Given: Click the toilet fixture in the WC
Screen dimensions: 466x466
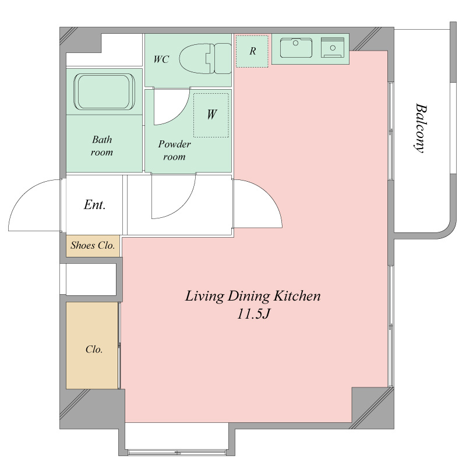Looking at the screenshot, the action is coord(206,59).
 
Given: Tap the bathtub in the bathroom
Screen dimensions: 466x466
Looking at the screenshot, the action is coord(104,91).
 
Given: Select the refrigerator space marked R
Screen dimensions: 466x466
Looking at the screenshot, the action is coord(252,51).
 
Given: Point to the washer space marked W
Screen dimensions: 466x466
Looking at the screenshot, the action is coord(211,115).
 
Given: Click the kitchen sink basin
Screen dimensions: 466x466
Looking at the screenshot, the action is coord(296,48).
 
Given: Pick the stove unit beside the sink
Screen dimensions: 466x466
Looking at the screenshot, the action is coord(333,47).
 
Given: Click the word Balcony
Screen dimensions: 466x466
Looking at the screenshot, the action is coord(421,128).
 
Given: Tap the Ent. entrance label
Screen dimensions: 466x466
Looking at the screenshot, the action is coord(95,205).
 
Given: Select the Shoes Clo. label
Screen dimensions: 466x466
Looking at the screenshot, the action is coord(93,245).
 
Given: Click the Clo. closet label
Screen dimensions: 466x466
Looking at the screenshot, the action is coord(94,349).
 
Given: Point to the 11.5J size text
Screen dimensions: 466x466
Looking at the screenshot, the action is coord(253,315).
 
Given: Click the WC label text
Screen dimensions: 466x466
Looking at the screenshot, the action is coord(161,59).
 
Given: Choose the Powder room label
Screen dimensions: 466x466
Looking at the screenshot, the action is coord(174,150).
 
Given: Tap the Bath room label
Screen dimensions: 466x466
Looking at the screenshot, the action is coord(102,146).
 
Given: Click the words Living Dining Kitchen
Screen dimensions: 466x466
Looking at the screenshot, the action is coord(253,296).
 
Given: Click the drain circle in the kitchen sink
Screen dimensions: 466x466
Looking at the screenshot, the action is coord(295,43).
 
